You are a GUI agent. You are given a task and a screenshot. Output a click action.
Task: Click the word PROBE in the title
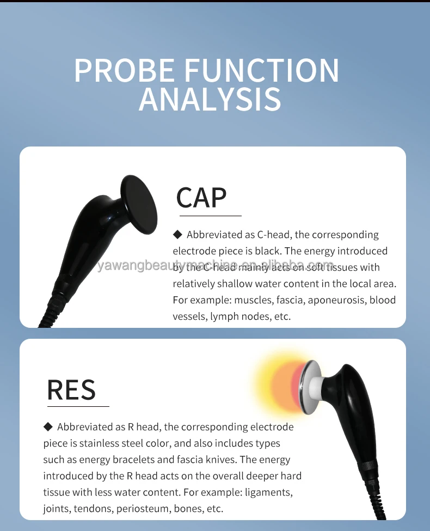click(x=124, y=70)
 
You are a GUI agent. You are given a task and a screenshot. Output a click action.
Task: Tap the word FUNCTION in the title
click(x=262, y=70)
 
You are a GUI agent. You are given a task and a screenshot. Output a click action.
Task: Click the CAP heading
click(x=201, y=197)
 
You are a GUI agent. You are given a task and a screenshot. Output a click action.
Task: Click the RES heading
click(x=71, y=389)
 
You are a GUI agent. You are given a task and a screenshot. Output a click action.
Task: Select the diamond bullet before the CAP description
click(x=177, y=235)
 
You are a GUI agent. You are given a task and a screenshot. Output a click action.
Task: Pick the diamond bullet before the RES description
click(x=47, y=426)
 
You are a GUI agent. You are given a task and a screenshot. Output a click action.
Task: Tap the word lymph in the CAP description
click(x=223, y=316)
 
